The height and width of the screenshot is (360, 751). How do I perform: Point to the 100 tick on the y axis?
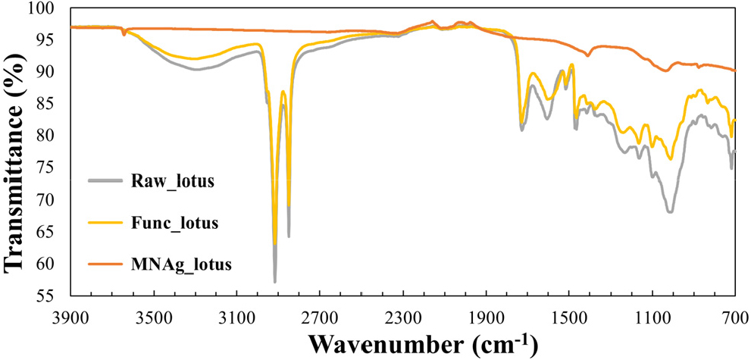(51, 8)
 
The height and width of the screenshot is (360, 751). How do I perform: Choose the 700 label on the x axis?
(734, 312)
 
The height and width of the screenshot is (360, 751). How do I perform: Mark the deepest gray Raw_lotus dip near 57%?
(275, 281)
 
